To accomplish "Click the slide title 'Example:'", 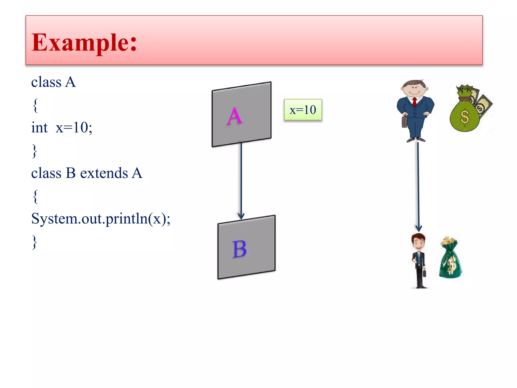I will click(84, 42).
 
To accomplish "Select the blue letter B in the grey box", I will click(239, 249).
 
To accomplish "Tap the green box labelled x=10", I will click(303, 110).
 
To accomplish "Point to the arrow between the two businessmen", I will click(418, 187).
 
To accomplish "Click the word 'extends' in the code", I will click(104, 173).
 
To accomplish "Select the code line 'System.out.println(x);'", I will click(101, 219).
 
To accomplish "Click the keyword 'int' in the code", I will click(39, 128).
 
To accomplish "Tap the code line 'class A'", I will click(53, 82).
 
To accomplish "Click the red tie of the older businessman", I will click(415, 102).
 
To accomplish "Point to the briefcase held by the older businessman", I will click(404, 122).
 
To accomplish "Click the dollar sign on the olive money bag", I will click(464, 117).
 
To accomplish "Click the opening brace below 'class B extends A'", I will click(35, 196).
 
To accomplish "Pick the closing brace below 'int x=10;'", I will click(35, 151).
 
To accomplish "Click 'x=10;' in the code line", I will click(74, 128).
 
